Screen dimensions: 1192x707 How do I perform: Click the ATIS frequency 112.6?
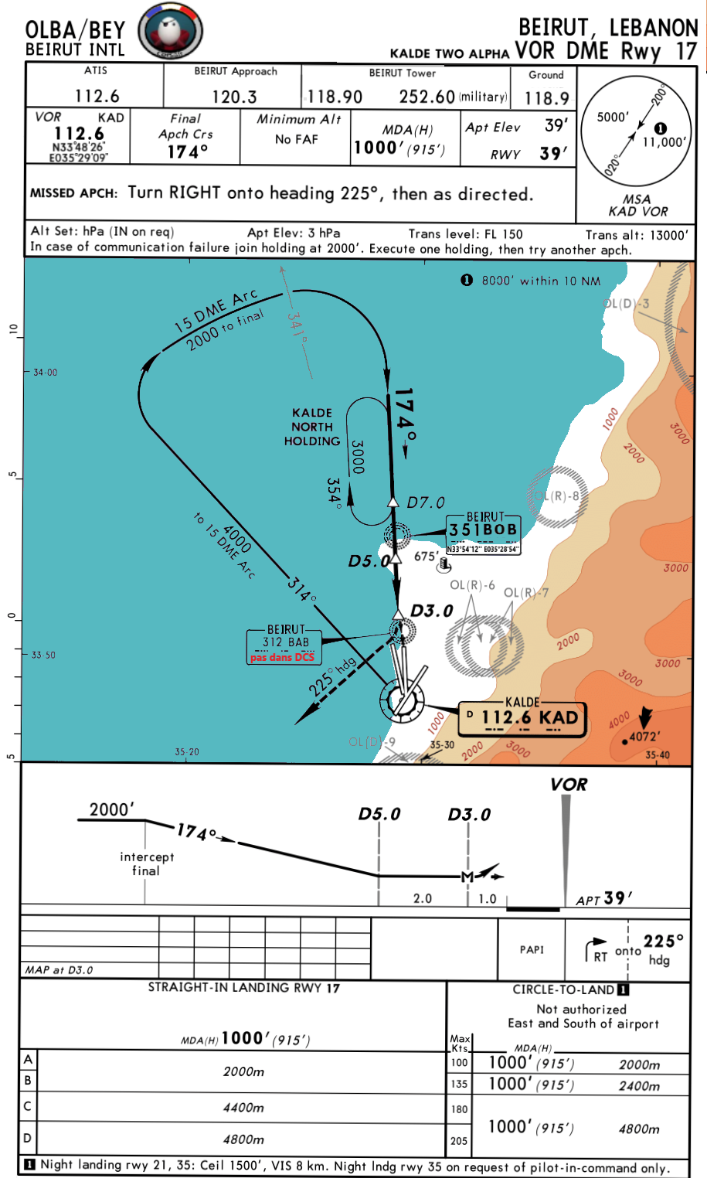97,96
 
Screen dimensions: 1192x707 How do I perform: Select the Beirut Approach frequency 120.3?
234,97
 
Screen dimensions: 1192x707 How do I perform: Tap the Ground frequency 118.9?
546,98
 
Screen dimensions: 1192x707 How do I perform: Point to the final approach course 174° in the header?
188,152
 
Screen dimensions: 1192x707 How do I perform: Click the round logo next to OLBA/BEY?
170,32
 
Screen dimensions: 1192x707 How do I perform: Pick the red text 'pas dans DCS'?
283,657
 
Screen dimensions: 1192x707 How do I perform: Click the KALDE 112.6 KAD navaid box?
522,717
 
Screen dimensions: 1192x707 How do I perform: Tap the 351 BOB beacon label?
484,530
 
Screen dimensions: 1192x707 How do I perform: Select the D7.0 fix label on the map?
426,502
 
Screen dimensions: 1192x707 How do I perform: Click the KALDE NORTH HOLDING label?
312,427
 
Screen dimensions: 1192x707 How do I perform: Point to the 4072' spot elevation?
644,737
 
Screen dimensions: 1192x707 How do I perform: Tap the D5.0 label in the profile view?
379,814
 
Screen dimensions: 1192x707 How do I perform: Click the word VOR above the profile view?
569,785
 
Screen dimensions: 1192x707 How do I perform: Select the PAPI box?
532,949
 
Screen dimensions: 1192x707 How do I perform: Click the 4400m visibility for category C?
243,1108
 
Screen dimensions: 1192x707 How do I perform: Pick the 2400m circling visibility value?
639,1085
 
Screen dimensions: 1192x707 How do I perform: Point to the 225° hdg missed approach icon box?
628,950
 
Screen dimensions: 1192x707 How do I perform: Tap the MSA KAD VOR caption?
637,206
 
